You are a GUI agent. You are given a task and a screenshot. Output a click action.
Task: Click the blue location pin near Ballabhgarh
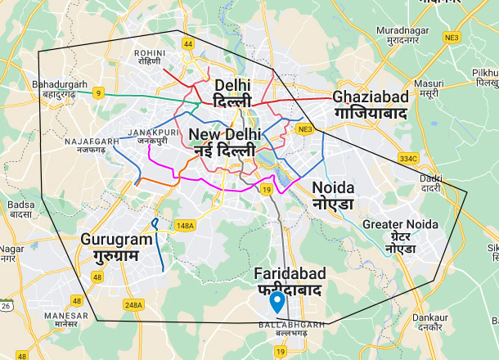click(278, 302)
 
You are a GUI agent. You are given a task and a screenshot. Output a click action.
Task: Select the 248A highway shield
click(133, 305)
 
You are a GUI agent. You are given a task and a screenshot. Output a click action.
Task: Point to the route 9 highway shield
click(98, 92)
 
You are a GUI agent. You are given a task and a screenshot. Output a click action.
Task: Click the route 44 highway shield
click(188, 43)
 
